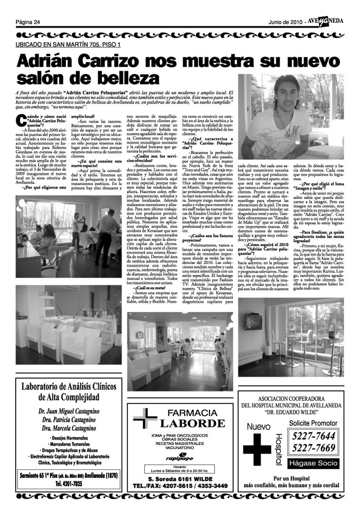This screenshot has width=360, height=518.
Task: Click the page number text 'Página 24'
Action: coord(27,22)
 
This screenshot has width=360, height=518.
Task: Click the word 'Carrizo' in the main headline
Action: coord(108,62)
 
